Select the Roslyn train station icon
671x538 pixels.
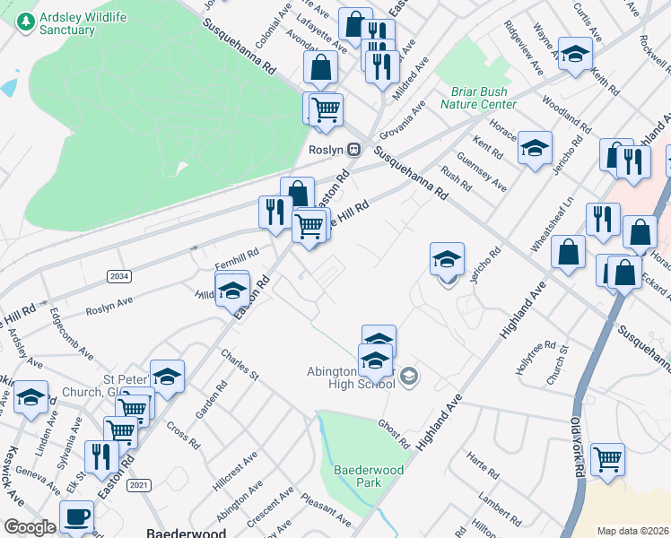(355, 149)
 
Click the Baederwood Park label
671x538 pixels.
(369, 476)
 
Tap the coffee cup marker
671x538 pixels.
(76, 516)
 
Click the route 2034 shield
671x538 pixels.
(118, 276)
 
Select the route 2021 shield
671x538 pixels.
(138, 485)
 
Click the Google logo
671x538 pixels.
(30, 527)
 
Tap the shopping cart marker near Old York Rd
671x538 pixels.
(607, 459)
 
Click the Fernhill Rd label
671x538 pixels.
(237, 258)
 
